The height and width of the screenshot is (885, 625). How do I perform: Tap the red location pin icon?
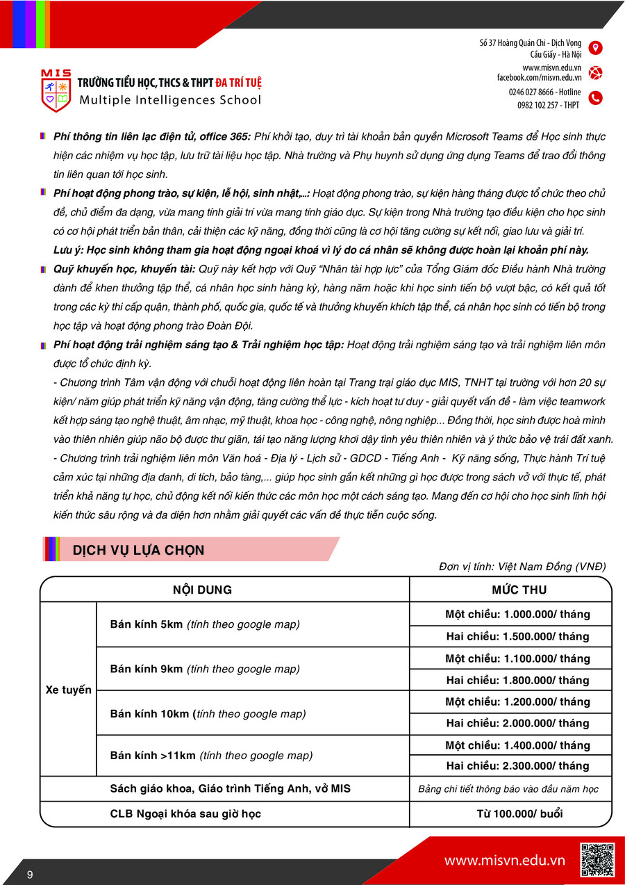(x=595, y=48)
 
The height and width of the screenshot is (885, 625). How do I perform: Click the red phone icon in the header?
(x=595, y=98)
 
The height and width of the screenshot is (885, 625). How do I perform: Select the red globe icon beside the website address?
(x=595, y=72)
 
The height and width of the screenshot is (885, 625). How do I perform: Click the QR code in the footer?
(x=597, y=859)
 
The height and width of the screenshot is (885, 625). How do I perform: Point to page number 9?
(x=30, y=874)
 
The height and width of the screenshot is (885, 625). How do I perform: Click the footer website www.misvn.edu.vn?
(x=504, y=861)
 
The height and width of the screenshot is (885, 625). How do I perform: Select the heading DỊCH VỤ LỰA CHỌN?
(x=138, y=550)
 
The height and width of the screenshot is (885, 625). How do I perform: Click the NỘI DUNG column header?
(x=202, y=590)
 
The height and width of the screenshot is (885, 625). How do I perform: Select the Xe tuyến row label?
(x=68, y=690)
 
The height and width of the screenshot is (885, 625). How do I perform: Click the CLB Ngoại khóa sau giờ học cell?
(x=185, y=813)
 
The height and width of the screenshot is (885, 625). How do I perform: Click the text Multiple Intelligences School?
(x=170, y=99)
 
